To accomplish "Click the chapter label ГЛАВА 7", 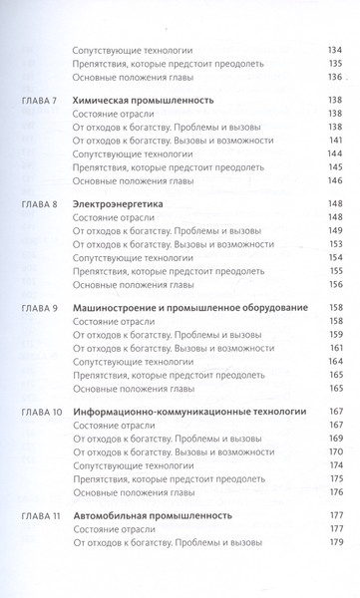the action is pyautogui.click(x=39, y=104).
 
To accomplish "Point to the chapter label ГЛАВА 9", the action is pyautogui.click(x=39, y=310).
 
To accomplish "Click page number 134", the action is pyautogui.click(x=334, y=49).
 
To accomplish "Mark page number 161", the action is pyautogui.click(x=334, y=348).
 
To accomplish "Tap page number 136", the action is pyautogui.click(x=334, y=77).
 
